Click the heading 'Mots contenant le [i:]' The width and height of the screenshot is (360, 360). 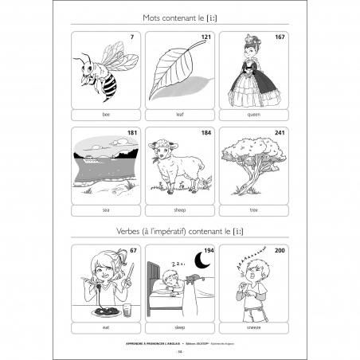coord(179,17)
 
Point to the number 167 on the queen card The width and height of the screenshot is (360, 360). coord(280,37)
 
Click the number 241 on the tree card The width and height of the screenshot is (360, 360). coord(280,132)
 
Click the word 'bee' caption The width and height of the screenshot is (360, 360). coord(105,115)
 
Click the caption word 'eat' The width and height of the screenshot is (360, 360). coord(105,327)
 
